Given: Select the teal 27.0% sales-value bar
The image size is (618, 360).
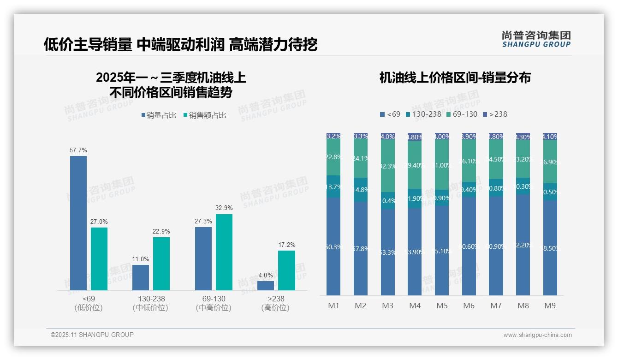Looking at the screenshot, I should click(99, 259).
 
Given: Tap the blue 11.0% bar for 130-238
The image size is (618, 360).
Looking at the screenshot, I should click(141, 277).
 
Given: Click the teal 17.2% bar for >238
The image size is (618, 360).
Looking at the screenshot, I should click(286, 270).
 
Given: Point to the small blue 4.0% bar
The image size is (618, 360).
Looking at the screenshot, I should click(266, 286).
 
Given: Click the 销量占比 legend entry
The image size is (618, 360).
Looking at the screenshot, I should click(159, 115).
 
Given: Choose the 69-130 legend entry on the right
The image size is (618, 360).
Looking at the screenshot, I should click(462, 114).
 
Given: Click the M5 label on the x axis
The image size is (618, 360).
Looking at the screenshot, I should click(442, 306).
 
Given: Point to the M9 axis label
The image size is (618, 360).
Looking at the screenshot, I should click(550, 306).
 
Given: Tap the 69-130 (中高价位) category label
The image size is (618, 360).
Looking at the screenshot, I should click(214, 303).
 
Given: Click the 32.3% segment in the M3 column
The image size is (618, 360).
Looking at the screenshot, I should click(388, 166).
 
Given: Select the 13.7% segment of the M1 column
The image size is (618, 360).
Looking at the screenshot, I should click(333, 186).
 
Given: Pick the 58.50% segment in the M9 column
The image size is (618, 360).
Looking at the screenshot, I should click(550, 248).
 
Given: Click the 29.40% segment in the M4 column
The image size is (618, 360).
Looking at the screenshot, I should click(415, 165).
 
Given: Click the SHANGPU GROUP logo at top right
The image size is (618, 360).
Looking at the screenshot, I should click(536, 39).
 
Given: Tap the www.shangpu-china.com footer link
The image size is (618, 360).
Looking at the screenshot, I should click(537, 335).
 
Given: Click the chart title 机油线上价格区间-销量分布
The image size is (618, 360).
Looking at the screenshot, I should click(455, 78).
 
